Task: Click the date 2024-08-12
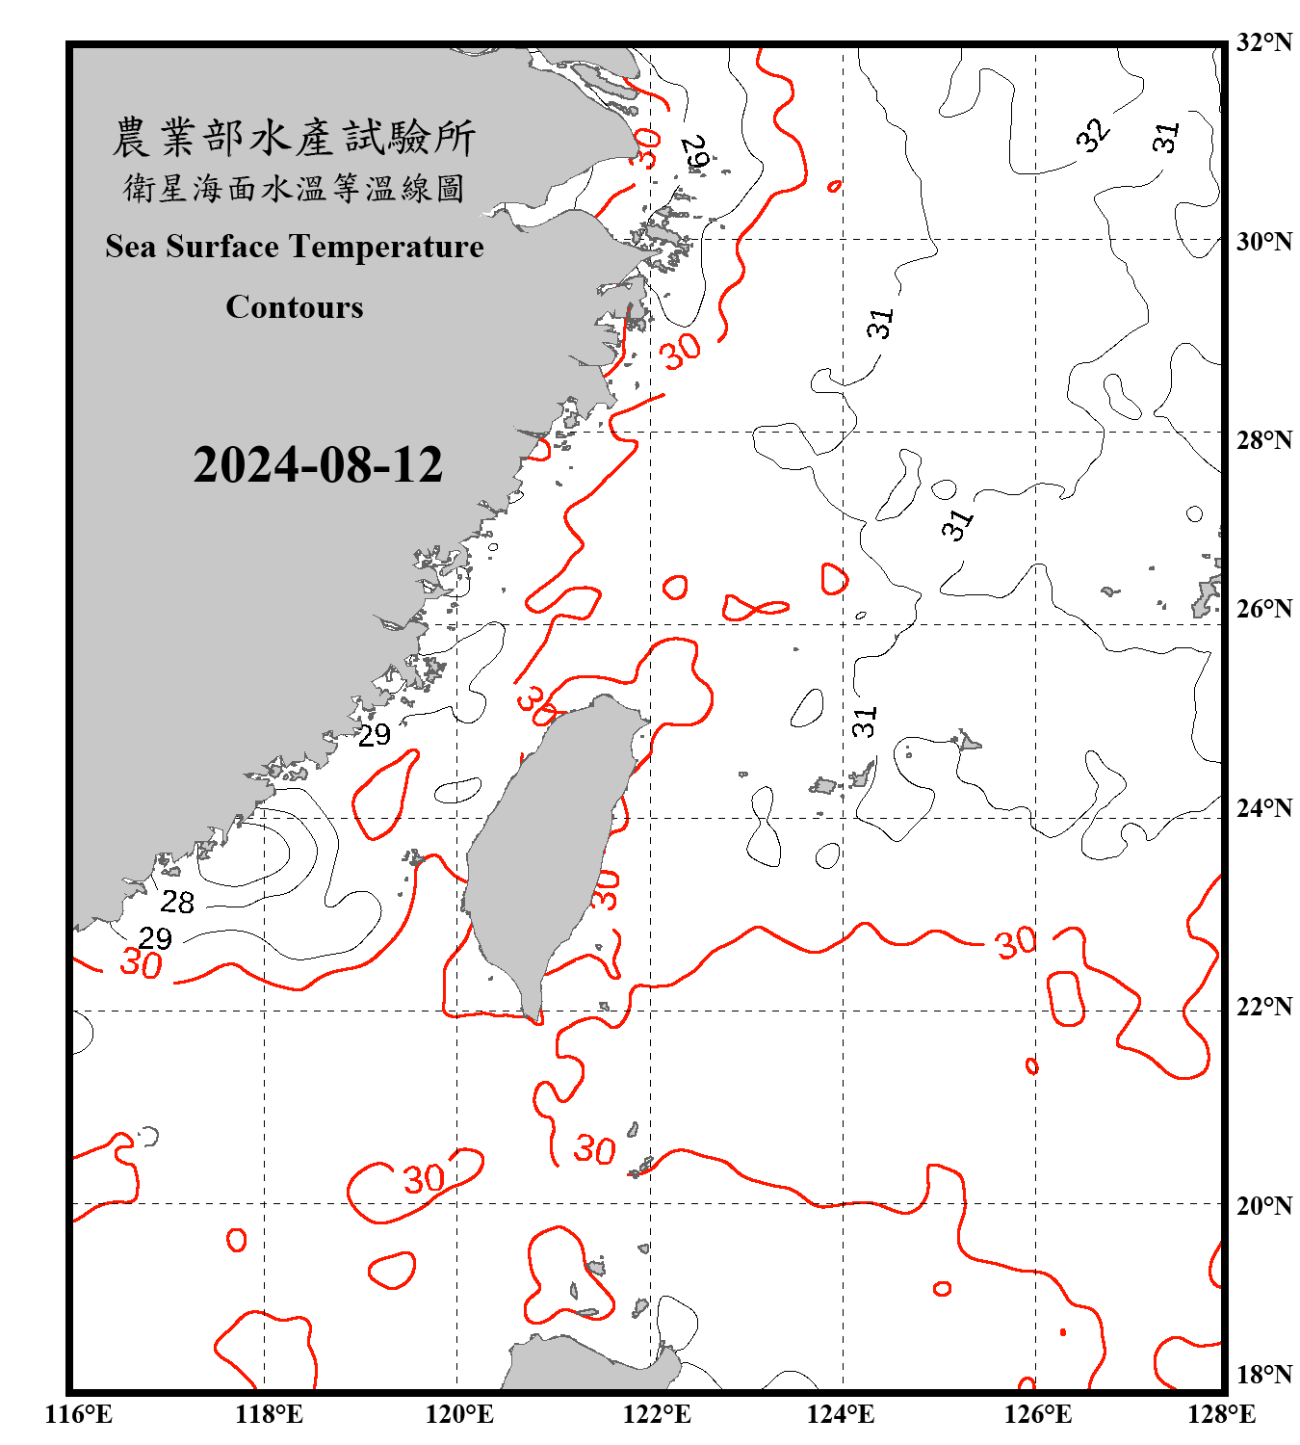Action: pyautogui.click(x=318, y=465)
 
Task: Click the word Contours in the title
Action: pyautogui.click(x=295, y=307)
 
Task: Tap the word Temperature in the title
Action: pyautogui.click(x=386, y=247)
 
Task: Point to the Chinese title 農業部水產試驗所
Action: pyautogui.click(x=294, y=138)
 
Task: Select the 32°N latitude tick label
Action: pyautogui.click(x=1263, y=42)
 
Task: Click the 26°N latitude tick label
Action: pyautogui.click(x=1263, y=609)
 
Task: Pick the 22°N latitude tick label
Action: pyautogui.click(x=1263, y=1007)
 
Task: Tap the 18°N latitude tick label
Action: pyautogui.click(x=1263, y=1375)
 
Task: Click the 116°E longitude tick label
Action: pyautogui.click(x=79, y=1414)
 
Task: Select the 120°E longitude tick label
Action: pyautogui.click(x=459, y=1414)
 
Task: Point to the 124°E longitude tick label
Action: pyautogui.click(x=841, y=1414)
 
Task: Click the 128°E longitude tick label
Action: pyautogui.click(x=1221, y=1414)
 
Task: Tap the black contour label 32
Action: pyautogui.click(x=1093, y=135)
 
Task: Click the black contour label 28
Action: pyautogui.click(x=177, y=903)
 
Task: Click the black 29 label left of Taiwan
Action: pyautogui.click(x=375, y=735)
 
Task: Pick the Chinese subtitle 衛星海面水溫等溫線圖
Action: pyautogui.click(x=294, y=188)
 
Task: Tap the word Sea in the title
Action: pyautogui.click(x=132, y=247)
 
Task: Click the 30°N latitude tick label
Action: pyautogui.click(x=1263, y=242)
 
